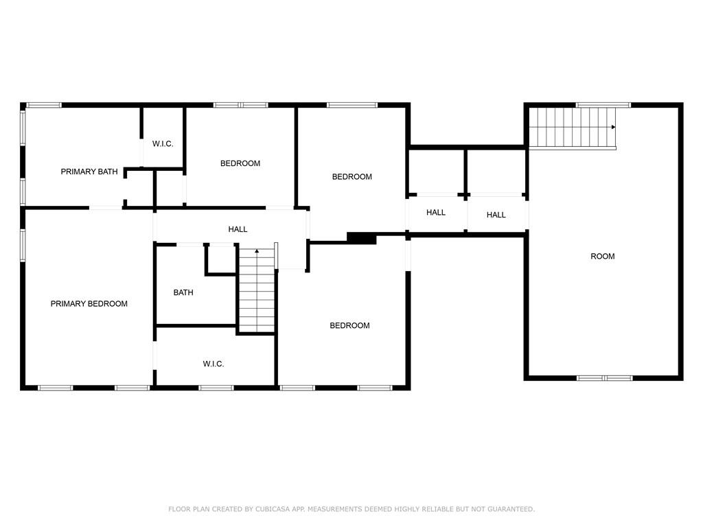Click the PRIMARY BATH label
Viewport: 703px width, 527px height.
click(x=89, y=172)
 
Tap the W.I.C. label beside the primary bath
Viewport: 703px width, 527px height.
click(x=162, y=144)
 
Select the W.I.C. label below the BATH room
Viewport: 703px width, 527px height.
click(x=213, y=364)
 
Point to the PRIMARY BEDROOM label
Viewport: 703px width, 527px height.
click(x=89, y=304)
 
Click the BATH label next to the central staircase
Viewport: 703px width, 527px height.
click(x=183, y=292)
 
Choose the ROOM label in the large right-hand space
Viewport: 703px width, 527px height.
click(x=603, y=257)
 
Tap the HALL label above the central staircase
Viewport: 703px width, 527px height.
click(x=238, y=229)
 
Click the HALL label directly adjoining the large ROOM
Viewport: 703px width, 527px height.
click(x=496, y=215)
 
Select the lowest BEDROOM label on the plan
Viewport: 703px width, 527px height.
click(x=349, y=326)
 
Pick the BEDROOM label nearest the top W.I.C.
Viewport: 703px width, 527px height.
click(x=240, y=163)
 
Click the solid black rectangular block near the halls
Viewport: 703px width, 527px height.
click(x=361, y=238)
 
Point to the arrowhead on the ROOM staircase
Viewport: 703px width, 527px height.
click(x=613, y=127)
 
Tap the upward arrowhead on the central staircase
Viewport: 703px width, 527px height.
click(x=257, y=251)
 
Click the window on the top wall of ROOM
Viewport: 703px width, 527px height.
click(x=603, y=105)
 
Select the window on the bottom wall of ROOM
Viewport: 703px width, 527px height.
click(x=604, y=378)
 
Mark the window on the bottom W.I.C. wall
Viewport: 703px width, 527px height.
click(x=216, y=388)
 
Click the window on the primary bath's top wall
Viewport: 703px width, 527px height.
click(x=43, y=105)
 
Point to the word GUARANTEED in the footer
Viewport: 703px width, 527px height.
click(x=511, y=509)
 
